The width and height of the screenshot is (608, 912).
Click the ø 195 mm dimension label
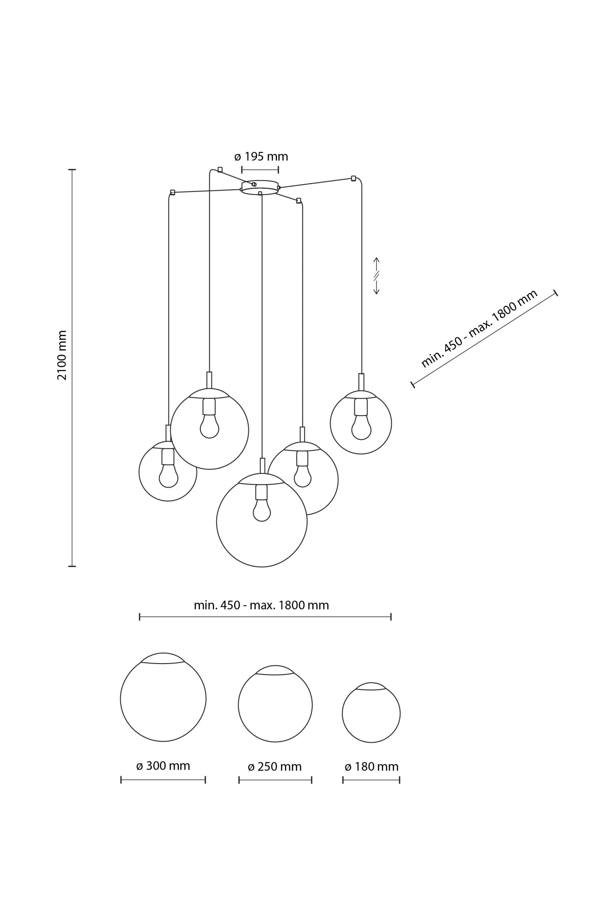pyautogui.click(x=261, y=156)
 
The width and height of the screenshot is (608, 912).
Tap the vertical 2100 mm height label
pyautogui.click(x=62, y=355)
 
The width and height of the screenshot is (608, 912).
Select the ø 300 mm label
pyautogui.click(x=163, y=766)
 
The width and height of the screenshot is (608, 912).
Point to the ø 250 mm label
pyautogui.click(x=274, y=767)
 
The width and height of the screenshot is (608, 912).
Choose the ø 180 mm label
pyautogui.click(x=371, y=767)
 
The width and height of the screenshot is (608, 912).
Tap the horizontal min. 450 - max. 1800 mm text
pyautogui.click(x=261, y=605)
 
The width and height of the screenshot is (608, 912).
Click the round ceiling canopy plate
pyautogui.click(x=260, y=188)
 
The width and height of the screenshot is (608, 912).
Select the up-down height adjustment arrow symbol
pyautogui.click(x=377, y=276)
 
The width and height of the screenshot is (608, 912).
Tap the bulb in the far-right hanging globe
pyautogui.click(x=361, y=427)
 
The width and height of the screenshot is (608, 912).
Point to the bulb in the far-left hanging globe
pyautogui.click(x=168, y=476)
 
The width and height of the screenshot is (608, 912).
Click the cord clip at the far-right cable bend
pyautogui.click(x=354, y=178)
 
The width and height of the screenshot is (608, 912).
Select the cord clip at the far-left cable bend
pyautogui.click(x=172, y=192)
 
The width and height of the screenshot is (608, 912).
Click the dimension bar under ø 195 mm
pyautogui.click(x=260, y=169)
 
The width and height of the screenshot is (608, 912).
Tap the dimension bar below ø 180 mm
pyautogui.click(x=371, y=780)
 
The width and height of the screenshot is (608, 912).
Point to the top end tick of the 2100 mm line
pyautogui.click(x=72, y=170)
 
